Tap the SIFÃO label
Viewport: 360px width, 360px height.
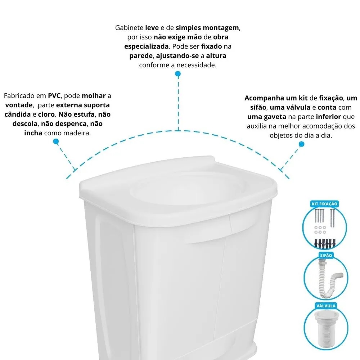(325, 255)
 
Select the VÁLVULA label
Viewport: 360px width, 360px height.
(325, 306)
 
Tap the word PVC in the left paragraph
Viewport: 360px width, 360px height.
(54, 96)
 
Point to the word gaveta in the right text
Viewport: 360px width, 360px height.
(273, 117)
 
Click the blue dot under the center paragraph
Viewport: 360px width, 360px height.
(178, 74)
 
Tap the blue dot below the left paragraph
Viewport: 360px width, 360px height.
(56, 141)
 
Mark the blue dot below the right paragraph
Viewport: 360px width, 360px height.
(301, 144)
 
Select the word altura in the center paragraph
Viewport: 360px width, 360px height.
(216, 56)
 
